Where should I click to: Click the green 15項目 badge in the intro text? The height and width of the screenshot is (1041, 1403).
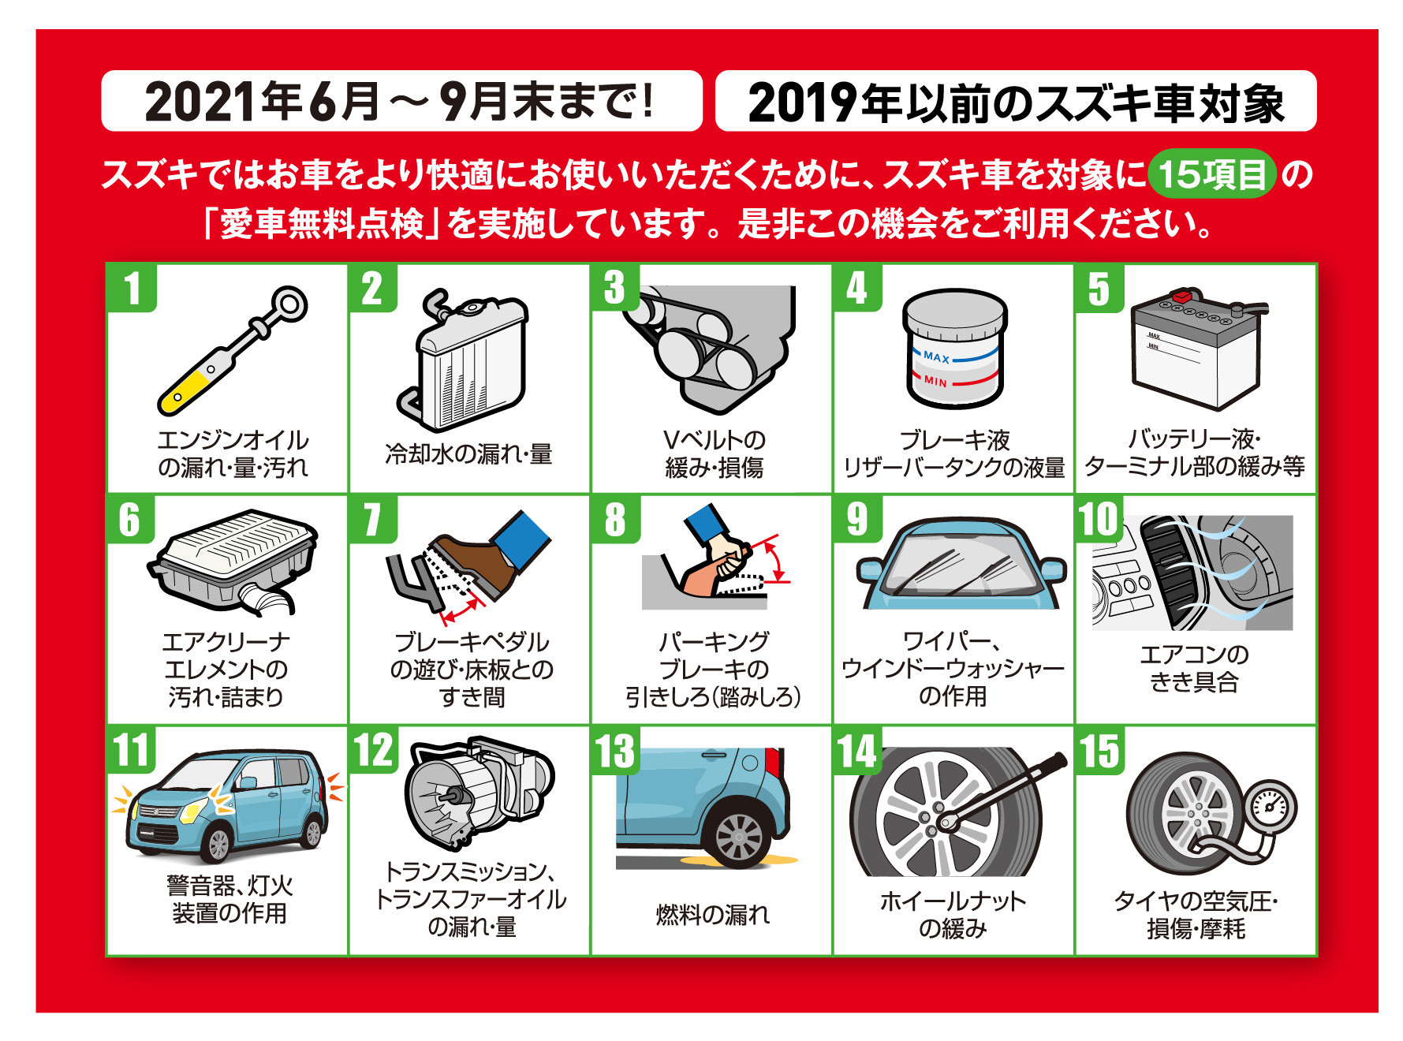(1211, 173)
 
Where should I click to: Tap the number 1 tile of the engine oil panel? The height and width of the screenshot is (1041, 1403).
(132, 287)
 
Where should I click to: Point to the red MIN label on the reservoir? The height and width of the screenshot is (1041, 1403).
(936, 382)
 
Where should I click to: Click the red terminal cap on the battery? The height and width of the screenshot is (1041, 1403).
(1182, 297)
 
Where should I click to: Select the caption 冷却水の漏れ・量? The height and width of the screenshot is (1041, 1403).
(468, 454)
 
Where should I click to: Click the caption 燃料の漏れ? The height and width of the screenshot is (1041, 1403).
(713, 915)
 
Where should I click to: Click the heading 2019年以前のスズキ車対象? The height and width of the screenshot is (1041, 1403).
(1016, 103)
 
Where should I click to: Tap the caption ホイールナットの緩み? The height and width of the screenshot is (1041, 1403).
(953, 915)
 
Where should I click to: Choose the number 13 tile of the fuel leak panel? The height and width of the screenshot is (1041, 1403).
(616, 750)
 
